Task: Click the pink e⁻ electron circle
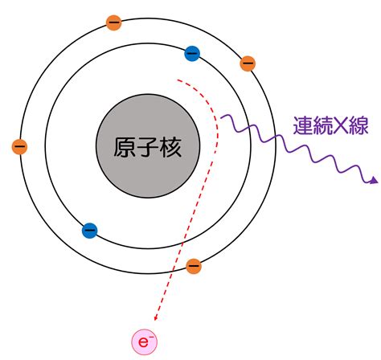144,342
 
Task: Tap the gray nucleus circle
148,146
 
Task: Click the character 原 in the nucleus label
125,147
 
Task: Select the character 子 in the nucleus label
148,147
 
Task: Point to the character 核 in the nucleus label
170,147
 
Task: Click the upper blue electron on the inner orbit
192,54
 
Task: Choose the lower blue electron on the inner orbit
89,231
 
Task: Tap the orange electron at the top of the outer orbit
114,22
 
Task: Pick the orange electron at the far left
19,147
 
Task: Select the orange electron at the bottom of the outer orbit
194,266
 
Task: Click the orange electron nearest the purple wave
248,63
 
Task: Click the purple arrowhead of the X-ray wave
374,181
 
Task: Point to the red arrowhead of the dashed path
156,318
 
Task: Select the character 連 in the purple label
303,125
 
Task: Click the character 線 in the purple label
358,125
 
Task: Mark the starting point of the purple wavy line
221,117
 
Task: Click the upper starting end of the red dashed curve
178,80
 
